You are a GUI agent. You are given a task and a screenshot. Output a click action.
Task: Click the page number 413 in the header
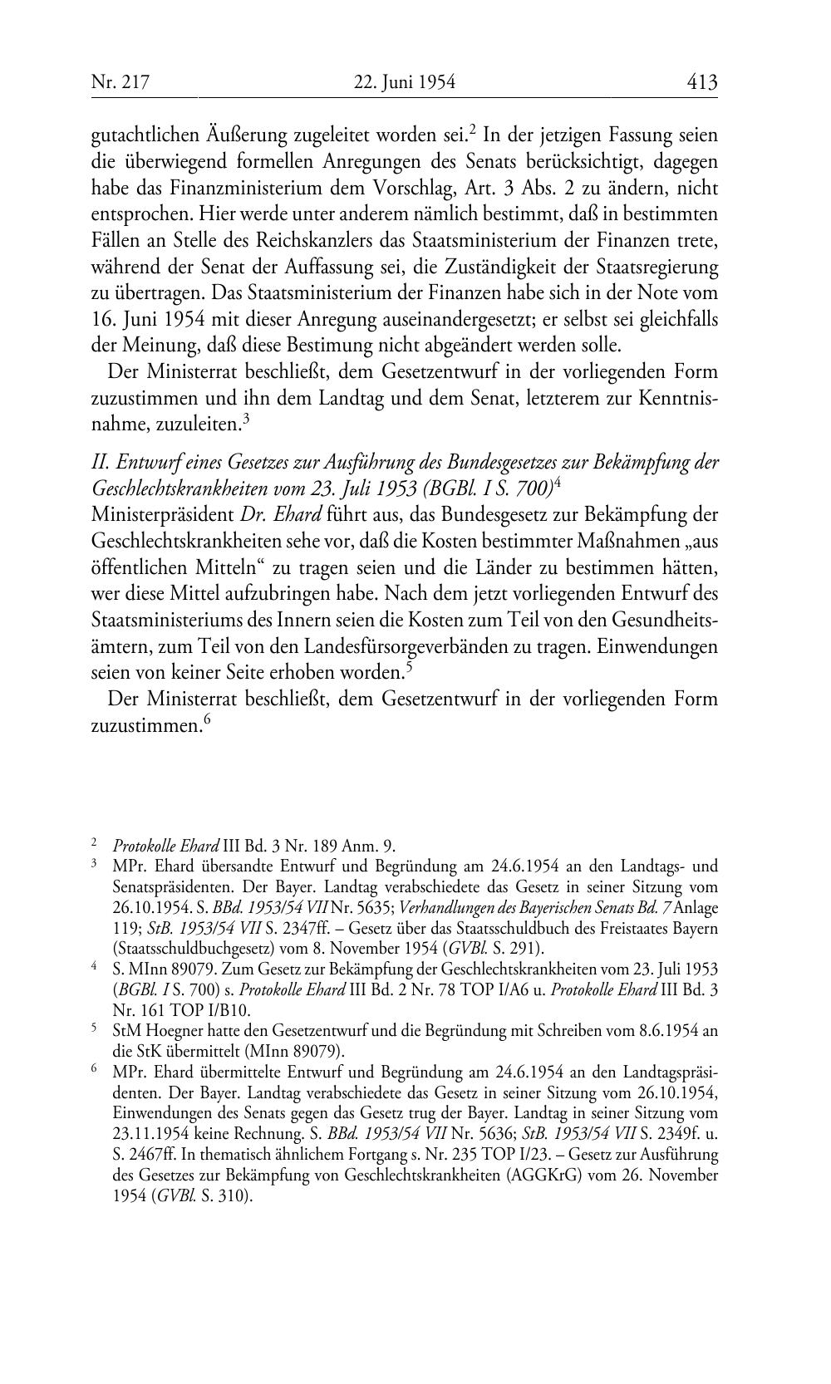(701, 82)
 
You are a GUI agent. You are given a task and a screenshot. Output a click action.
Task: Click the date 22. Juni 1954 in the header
(405, 82)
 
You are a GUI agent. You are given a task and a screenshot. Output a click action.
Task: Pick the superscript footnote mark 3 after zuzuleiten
(246, 420)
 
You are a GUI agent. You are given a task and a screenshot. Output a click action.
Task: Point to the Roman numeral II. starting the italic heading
(101, 463)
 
